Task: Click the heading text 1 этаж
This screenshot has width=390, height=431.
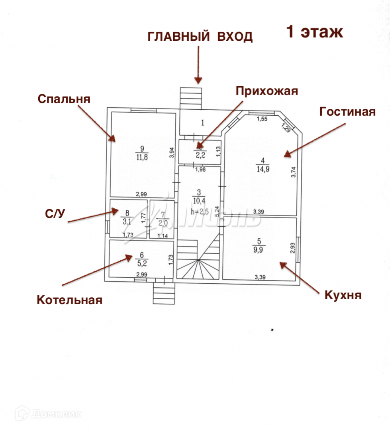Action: click(315, 32)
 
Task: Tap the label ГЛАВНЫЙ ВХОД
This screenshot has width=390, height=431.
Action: click(200, 37)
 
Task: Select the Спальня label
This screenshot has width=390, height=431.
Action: click(64, 99)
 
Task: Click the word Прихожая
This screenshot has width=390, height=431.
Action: click(267, 91)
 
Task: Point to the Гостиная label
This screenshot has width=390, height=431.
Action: click(347, 112)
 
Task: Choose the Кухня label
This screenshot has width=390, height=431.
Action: click(343, 295)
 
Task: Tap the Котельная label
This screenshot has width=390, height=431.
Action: click(69, 300)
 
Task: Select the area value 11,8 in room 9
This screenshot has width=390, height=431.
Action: click(141, 157)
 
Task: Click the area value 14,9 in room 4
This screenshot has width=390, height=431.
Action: click(262, 168)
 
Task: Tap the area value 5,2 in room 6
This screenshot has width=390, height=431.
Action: click(141, 264)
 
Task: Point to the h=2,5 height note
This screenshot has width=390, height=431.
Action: click(199, 212)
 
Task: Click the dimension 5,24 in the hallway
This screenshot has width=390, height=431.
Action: click(217, 210)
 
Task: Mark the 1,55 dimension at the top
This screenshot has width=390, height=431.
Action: click(262, 119)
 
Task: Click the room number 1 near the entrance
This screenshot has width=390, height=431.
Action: click(202, 122)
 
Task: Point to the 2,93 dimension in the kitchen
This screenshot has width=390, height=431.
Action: click(293, 248)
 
